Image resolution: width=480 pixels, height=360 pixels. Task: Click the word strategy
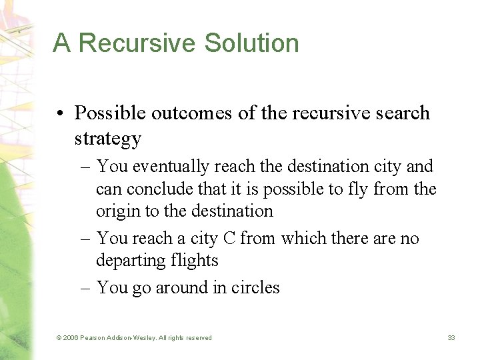[x=108, y=139]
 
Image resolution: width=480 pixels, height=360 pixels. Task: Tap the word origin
[x=118, y=211]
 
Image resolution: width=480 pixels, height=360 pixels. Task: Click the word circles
[x=255, y=287]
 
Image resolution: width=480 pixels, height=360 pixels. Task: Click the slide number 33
[x=451, y=338]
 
